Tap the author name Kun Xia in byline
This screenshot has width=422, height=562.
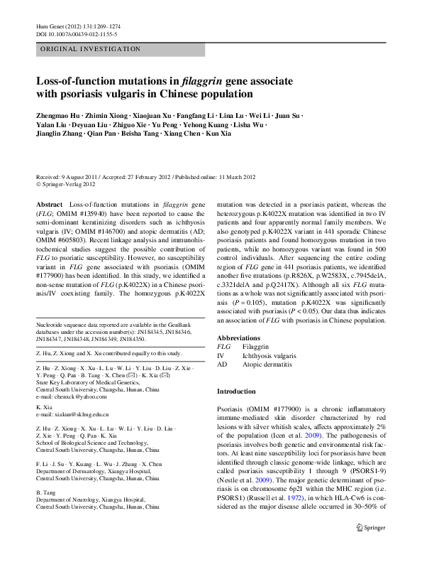[237, 153]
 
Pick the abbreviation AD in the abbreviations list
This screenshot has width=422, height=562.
[222, 364]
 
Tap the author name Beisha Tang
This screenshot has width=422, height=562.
[157, 153]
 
